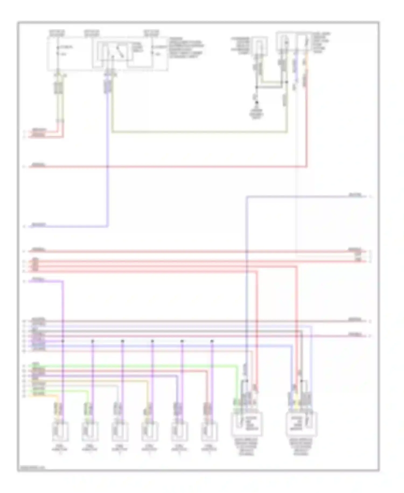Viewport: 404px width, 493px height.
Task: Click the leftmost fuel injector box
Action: [x=60, y=432]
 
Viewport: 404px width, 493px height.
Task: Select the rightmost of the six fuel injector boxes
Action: [x=209, y=432]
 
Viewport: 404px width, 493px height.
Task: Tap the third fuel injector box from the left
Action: [x=120, y=432]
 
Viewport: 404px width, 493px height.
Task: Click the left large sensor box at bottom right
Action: [x=247, y=424]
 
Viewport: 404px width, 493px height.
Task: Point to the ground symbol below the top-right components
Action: [x=257, y=103]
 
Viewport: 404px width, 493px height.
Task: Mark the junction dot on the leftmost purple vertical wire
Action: [x=63, y=341]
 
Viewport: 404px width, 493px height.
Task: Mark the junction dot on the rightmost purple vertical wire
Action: [x=212, y=341]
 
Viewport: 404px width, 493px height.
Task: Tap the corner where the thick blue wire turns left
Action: [x=108, y=226]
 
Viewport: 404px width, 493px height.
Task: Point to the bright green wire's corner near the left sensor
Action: [x=237, y=366]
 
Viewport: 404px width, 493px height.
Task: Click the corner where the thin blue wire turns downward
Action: [x=247, y=197]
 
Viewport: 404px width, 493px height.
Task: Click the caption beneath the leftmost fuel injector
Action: [x=60, y=449]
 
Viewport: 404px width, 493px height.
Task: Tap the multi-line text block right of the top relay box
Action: [x=186, y=48]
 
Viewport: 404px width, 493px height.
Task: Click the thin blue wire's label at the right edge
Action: [x=355, y=195]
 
